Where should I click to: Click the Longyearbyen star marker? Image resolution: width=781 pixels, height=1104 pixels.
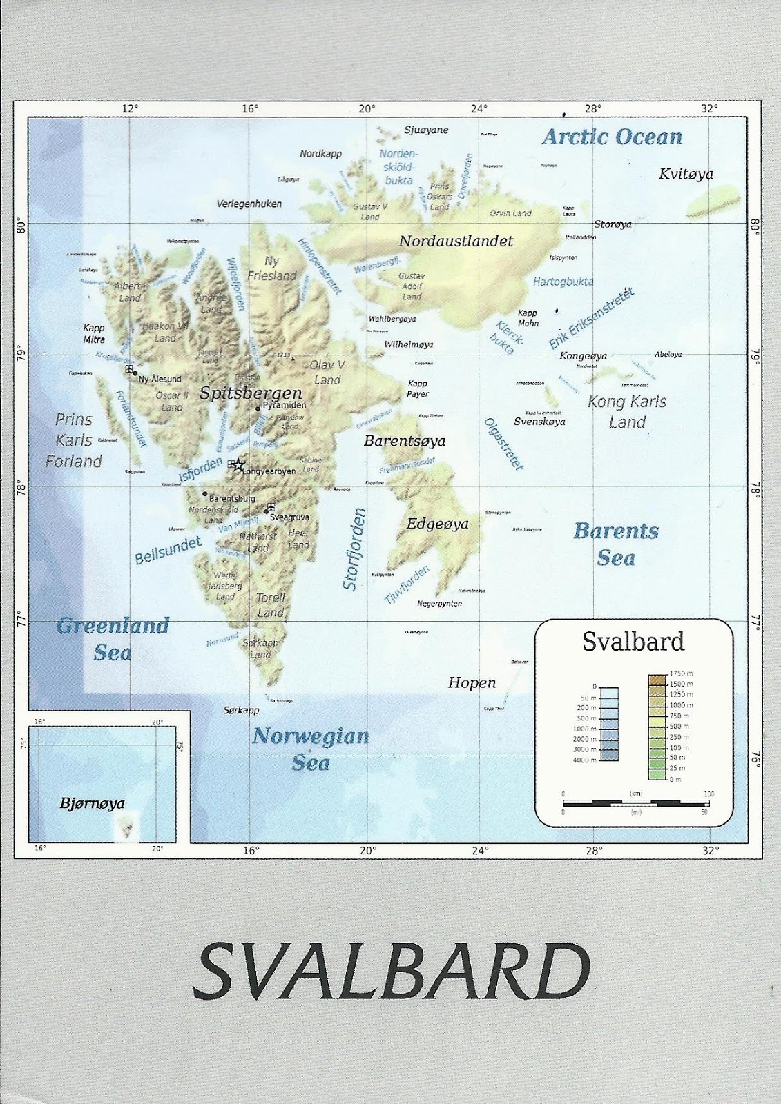(238, 465)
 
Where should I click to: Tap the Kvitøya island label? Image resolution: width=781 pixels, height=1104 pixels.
(686, 174)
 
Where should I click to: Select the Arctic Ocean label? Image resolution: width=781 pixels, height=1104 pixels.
(612, 137)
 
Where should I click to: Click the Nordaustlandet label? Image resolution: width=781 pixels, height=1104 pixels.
(456, 241)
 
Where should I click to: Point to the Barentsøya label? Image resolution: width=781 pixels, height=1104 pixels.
(405, 441)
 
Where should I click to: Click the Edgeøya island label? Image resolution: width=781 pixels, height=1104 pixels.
(437, 524)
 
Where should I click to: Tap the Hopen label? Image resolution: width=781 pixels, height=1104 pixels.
(472, 683)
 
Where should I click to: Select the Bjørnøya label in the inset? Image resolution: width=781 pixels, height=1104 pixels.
(92, 803)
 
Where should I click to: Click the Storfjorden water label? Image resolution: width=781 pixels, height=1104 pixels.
(354, 549)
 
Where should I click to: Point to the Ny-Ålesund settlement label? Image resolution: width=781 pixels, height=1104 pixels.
(160, 379)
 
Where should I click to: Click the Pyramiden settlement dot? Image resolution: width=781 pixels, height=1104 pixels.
(258, 408)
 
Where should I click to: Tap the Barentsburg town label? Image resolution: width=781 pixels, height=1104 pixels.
(232, 498)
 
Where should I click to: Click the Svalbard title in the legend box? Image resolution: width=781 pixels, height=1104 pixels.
(633, 642)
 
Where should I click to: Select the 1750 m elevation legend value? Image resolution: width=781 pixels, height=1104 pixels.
(681, 673)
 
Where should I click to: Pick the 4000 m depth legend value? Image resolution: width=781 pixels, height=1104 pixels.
(584, 760)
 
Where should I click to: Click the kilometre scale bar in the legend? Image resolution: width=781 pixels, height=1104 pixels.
(635, 803)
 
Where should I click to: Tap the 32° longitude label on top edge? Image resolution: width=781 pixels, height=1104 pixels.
(709, 108)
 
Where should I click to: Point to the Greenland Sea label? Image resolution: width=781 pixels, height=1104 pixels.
(113, 639)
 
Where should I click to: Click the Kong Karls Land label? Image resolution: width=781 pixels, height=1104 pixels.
(627, 412)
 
